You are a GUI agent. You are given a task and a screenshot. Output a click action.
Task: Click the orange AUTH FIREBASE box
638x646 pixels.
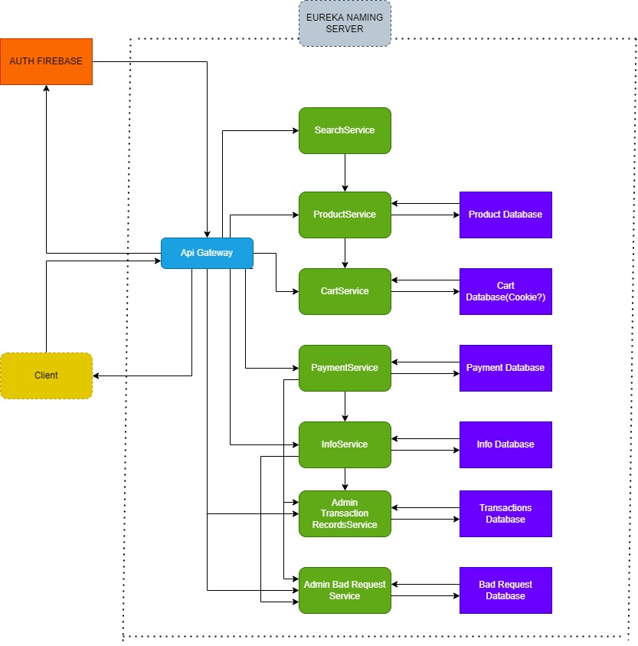click(46, 61)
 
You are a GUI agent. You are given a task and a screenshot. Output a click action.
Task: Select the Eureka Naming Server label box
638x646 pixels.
click(345, 23)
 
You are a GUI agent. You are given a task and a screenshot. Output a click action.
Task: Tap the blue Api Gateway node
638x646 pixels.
click(207, 253)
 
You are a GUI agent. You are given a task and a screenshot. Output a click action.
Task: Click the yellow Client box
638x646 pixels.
click(46, 375)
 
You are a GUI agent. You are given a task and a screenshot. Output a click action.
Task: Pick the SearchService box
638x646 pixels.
click(345, 130)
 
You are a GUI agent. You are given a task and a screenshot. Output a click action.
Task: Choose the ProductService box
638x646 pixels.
click(345, 215)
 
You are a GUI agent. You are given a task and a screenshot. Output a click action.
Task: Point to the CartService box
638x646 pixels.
click(345, 291)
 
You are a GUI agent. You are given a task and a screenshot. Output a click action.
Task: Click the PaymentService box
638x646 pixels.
click(345, 368)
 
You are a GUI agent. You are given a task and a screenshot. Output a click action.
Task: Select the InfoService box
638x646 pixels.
click(345, 444)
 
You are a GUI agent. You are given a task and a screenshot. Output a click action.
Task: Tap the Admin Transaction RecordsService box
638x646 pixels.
click(345, 513)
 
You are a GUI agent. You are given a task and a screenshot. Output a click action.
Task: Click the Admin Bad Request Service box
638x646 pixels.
click(345, 590)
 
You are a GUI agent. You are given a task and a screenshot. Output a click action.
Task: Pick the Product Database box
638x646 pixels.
click(505, 215)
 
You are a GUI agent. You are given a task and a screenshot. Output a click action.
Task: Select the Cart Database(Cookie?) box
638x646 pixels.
click(505, 291)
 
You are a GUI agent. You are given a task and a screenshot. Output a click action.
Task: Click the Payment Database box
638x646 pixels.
click(505, 368)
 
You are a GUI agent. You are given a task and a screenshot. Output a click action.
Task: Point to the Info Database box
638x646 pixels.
click(505, 444)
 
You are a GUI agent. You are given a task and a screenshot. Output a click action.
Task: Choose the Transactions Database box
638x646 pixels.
click(505, 513)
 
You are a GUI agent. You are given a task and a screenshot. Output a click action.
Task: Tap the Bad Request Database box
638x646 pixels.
click(505, 590)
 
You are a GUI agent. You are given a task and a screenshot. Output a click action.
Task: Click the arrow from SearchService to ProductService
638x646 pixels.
click(345, 172)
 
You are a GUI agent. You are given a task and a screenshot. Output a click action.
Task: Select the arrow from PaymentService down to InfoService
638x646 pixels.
click(345, 406)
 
